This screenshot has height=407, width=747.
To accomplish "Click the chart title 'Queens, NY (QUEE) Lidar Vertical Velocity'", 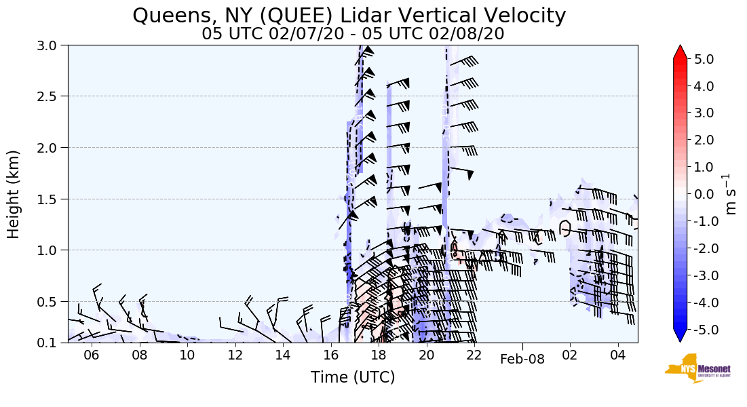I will pos(349,15).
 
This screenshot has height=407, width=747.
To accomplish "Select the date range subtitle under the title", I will pos(353,34).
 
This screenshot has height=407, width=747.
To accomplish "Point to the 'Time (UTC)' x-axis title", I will pos(352,377).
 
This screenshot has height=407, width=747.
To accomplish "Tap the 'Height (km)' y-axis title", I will pos(14,194).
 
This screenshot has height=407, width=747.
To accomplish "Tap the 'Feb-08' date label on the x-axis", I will pos(522,360).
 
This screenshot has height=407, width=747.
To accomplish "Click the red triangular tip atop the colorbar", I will pos(681,52).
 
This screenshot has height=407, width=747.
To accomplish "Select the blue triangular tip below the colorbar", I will pos(681,336).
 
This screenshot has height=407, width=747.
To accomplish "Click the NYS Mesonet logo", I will pos(693,368).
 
